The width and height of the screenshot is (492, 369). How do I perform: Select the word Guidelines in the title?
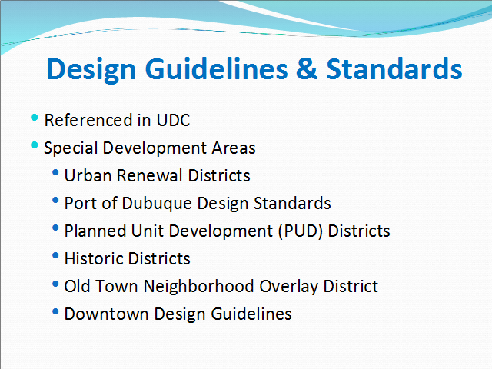216,68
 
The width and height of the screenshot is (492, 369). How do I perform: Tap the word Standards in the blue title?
394,68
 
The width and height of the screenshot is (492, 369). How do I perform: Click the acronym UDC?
173,120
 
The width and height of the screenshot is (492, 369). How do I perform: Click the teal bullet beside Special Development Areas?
34,145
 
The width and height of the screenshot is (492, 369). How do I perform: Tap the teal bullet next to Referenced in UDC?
34,118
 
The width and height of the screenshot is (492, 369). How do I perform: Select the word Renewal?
149,175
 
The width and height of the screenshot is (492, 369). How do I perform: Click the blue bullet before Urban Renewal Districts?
55,172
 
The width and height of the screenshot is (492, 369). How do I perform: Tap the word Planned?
95,231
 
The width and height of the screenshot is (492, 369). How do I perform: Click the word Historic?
94,258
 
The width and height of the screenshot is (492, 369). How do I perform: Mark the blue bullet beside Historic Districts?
55,255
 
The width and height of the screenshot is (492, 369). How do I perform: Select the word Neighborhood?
199,287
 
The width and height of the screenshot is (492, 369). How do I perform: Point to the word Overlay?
289,287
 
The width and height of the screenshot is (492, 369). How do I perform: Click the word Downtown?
106,314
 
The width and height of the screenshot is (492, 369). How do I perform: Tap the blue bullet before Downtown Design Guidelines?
55,311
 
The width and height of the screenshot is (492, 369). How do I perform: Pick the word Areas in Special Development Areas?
234,148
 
